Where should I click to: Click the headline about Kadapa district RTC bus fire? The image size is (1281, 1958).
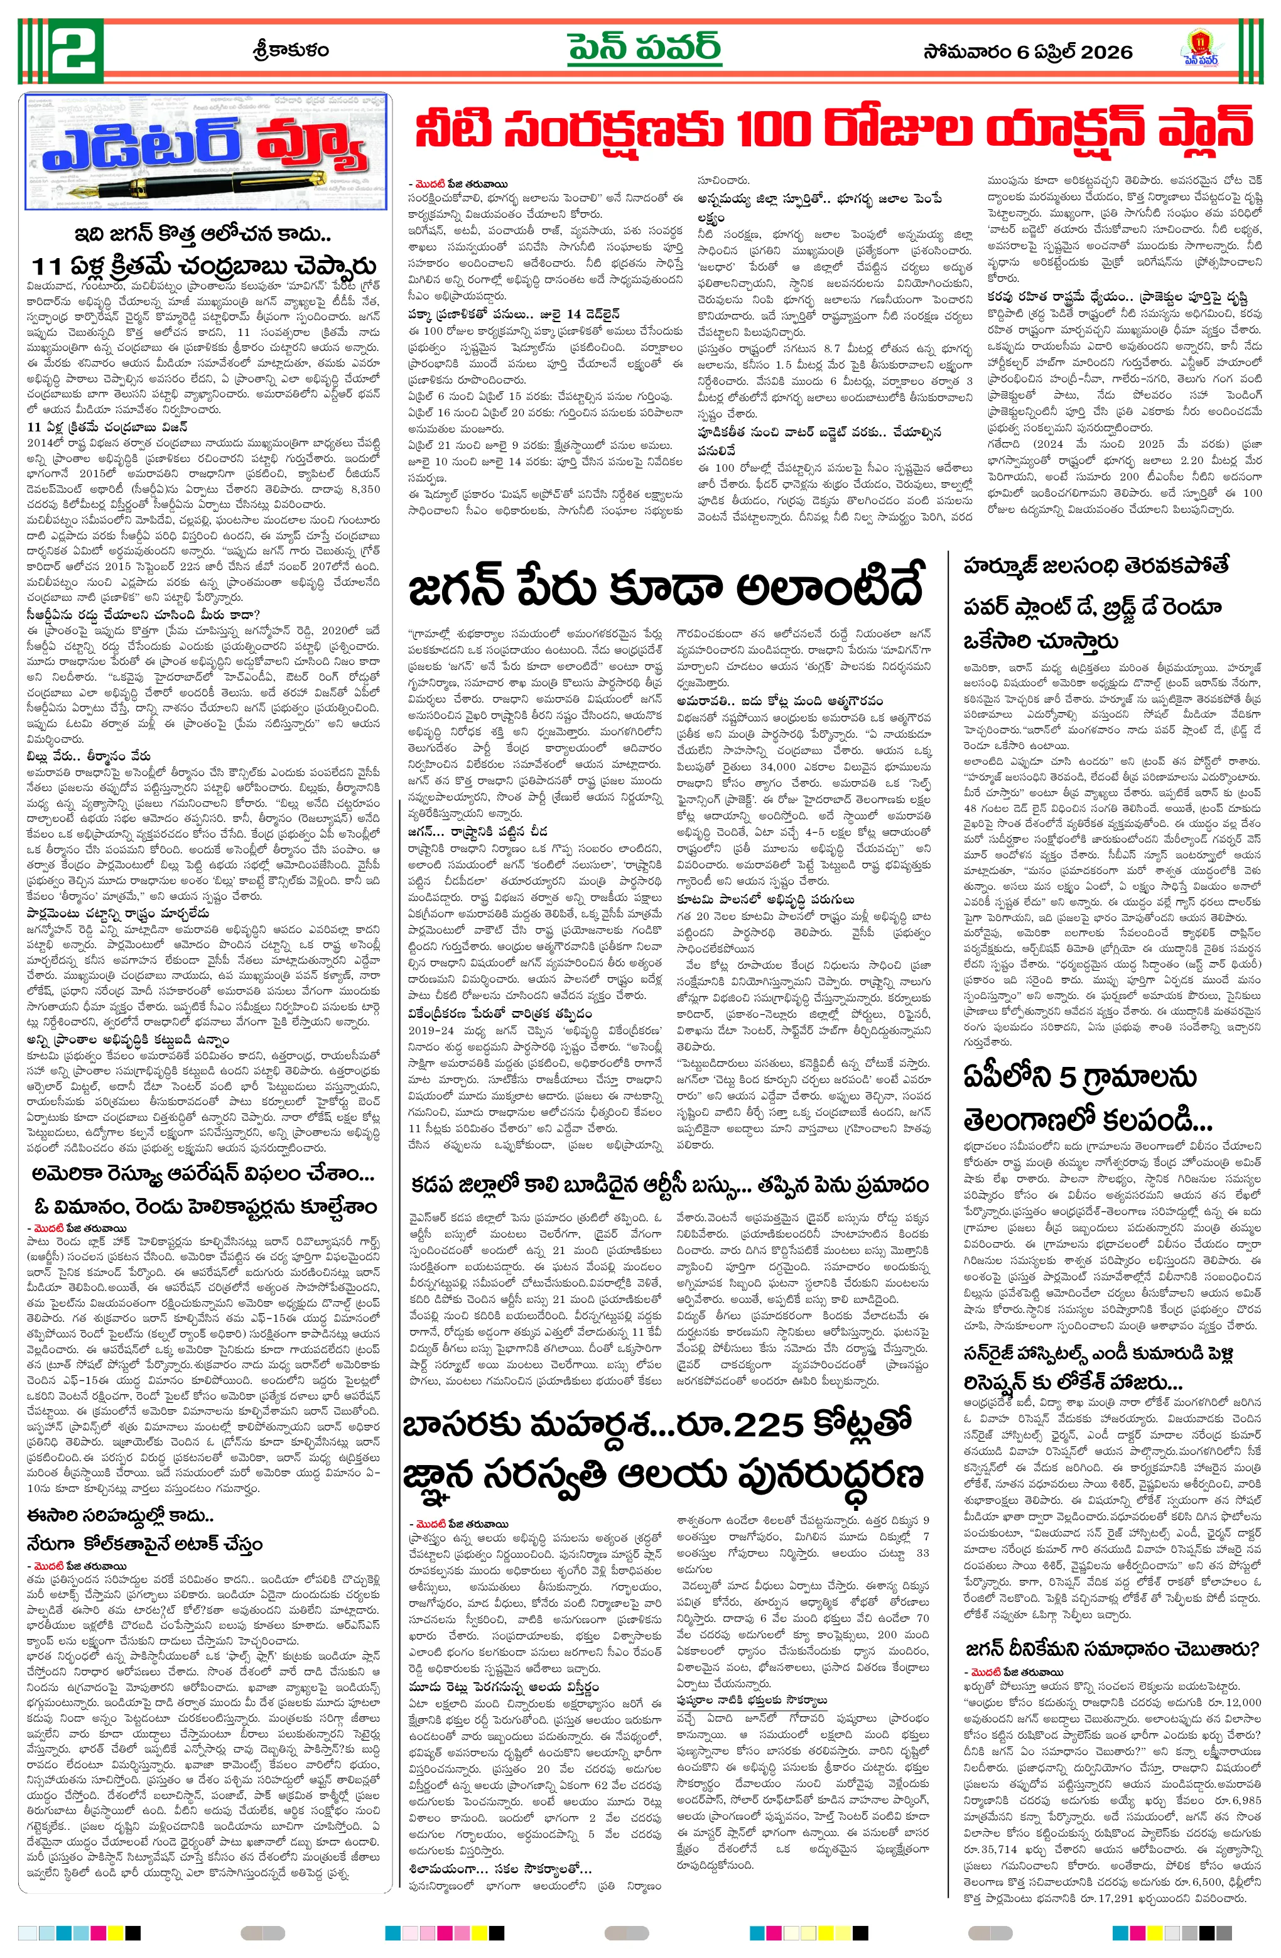point(670,1186)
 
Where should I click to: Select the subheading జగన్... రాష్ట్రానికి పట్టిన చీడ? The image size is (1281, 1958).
point(478,831)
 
